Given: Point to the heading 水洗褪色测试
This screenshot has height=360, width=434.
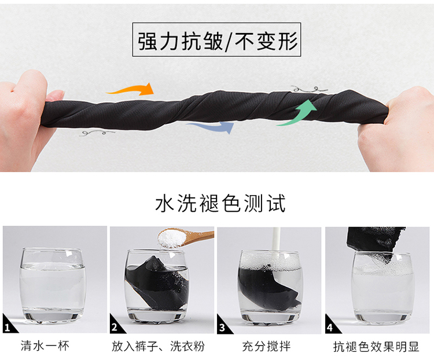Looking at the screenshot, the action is tap(220, 203).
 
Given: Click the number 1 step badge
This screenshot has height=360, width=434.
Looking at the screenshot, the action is tap(8, 325).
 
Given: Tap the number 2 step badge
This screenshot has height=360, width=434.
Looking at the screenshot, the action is tap(115, 325).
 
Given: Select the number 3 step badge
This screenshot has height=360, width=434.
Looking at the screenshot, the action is tap(223, 325).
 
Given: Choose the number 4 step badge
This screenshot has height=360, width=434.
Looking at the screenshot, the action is tap(331, 325).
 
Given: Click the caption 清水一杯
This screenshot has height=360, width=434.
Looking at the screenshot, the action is tap(45, 346).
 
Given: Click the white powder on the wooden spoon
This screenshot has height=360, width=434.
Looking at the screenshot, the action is tap(171, 238).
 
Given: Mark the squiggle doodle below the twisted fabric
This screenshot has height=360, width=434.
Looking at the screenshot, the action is tap(97, 134).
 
